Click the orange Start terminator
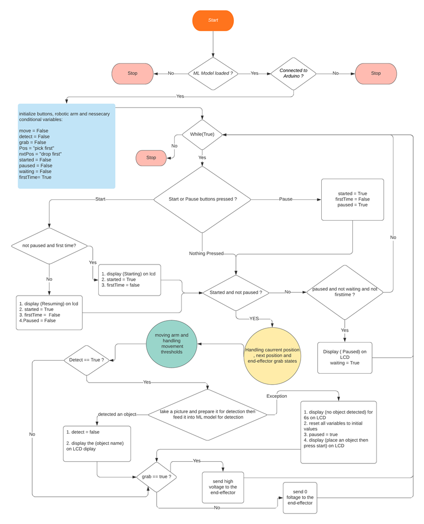pos(213,20)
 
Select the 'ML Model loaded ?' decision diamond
pos(213,73)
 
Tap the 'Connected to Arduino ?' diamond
pos(293,73)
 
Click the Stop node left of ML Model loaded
pos(132,73)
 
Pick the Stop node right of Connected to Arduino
pos(376,73)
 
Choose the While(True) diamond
pos(202,134)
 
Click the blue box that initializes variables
pos(67,146)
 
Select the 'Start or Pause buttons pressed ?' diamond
pos(202,199)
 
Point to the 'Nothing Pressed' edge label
pos(206,254)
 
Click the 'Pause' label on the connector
pos(286,199)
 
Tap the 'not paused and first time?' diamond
pos(49,246)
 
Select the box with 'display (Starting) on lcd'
pos(129,280)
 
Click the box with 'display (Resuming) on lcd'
pos(49,313)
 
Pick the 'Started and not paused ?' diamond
pos(236,292)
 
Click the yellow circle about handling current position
pos(273,356)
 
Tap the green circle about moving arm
pos(172,345)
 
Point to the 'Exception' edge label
pos(276,396)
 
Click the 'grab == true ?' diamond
pos(157,476)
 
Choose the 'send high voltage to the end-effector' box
pos(222,487)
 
